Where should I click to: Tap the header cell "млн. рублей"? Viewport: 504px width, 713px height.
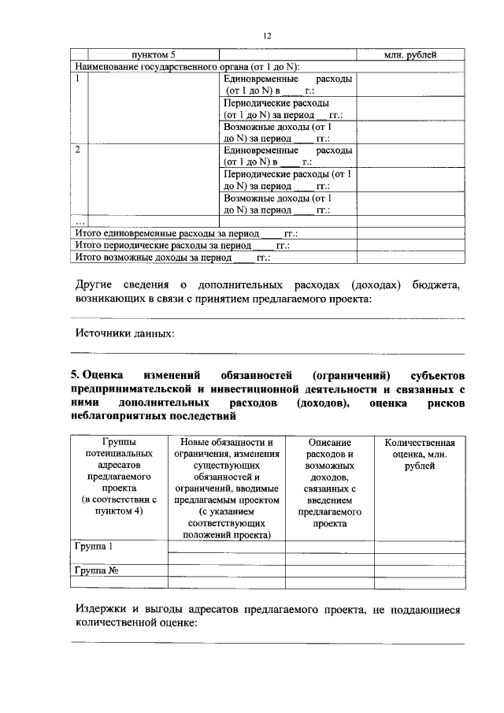tap(409, 54)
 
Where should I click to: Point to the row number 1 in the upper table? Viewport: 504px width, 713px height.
tap(77, 79)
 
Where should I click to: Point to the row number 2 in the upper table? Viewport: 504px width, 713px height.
tap(77, 150)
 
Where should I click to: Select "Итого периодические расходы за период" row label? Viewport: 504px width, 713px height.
tap(182, 246)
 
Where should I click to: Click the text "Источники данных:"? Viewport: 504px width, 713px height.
tap(124, 333)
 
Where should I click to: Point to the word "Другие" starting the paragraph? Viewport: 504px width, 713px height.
tap(96, 284)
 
